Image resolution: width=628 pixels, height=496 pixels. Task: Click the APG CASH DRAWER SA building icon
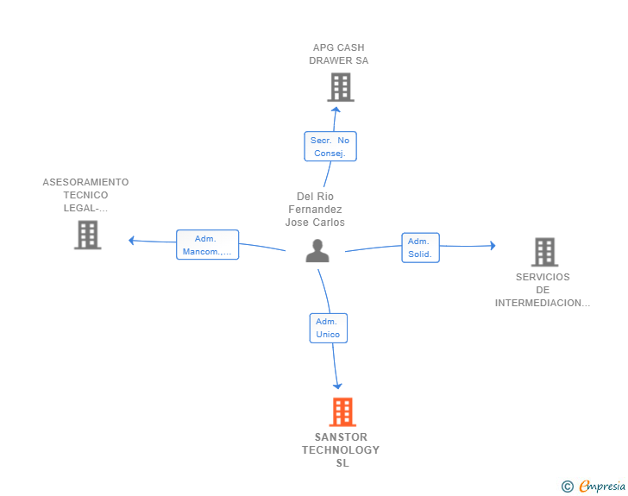pos(341,87)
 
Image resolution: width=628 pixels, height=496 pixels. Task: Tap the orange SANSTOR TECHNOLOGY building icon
pos(342,411)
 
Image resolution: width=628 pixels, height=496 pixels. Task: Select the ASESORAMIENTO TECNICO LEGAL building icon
pos(88,235)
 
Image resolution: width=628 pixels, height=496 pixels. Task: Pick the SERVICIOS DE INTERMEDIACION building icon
pos(544,252)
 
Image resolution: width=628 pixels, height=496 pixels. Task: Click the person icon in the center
pos(317,251)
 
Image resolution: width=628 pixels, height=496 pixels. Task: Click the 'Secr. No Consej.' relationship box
pos(330,147)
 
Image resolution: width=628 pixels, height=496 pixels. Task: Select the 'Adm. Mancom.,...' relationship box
pos(207,245)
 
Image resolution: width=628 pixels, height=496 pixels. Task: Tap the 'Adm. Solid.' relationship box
pos(421,248)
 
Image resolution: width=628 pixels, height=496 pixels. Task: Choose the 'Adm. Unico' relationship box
pos(329,328)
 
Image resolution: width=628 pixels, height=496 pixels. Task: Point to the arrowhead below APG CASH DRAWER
pos(336,110)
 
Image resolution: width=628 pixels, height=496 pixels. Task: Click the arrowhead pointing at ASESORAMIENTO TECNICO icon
pos(131,241)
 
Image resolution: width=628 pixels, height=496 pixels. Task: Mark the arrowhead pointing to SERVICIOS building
pos(493,246)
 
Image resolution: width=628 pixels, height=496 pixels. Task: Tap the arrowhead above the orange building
pos(337,386)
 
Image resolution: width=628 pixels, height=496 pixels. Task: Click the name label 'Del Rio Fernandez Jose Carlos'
pos(315,209)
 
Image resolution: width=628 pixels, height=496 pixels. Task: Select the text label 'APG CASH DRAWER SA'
pos(339,54)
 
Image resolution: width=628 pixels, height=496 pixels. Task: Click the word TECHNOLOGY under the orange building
pos(341,450)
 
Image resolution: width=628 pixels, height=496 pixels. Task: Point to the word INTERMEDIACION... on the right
pos(543,303)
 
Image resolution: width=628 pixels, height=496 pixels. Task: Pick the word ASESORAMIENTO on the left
pos(85,182)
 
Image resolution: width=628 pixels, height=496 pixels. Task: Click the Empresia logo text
pos(602,486)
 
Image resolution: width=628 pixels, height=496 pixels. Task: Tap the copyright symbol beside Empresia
pos(568,487)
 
